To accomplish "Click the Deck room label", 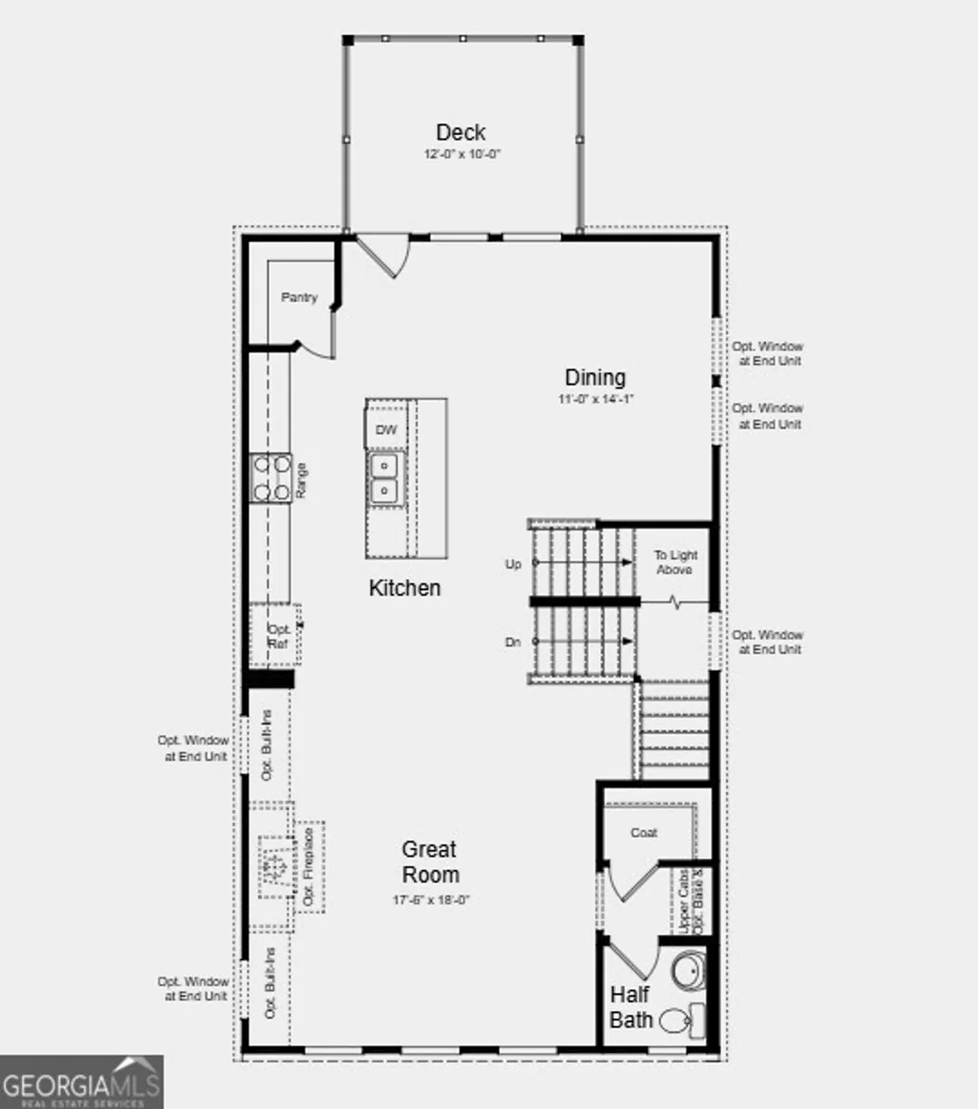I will pyautogui.click(x=460, y=132).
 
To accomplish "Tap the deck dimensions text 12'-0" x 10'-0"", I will pyautogui.click(x=462, y=155).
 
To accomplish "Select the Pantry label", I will pyautogui.click(x=299, y=297).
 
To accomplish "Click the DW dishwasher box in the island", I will pyautogui.click(x=387, y=429).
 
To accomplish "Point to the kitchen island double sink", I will pyautogui.click(x=386, y=478).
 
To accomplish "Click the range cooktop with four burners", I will pyautogui.click(x=271, y=477).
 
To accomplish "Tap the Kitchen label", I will pyautogui.click(x=405, y=588).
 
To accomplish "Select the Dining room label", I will pyautogui.click(x=595, y=377).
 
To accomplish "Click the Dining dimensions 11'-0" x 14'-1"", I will pyautogui.click(x=595, y=399).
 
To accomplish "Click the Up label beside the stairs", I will pyautogui.click(x=513, y=564).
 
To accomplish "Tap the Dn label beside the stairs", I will pyautogui.click(x=513, y=642).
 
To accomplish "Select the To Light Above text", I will pyautogui.click(x=676, y=562).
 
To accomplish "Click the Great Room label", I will pyautogui.click(x=430, y=862).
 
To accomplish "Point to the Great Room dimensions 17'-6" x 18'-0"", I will pyautogui.click(x=431, y=900).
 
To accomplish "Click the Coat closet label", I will pyautogui.click(x=644, y=833).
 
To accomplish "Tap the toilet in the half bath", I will pyautogui.click(x=676, y=1021).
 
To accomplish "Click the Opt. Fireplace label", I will pyautogui.click(x=309, y=867).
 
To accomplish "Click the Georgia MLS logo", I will pyautogui.click(x=81, y=1083).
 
